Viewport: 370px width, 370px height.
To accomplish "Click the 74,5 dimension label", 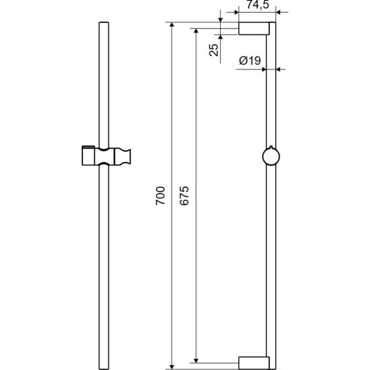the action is (x=258, y=5).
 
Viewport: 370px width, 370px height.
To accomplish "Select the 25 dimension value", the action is (x=214, y=50).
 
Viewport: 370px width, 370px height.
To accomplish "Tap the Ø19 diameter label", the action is (x=250, y=61).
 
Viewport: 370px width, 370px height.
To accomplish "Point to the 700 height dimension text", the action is (x=161, y=196).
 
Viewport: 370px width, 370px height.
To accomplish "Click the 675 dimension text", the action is (x=184, y=196).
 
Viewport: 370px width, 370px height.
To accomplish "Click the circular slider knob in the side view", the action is (x=271, y=156).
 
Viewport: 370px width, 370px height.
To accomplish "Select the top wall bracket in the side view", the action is (x=254, y=28).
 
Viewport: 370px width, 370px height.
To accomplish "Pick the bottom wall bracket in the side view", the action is (x=254, y=363).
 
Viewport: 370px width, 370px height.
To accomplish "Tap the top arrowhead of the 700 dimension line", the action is (x=172, y=25).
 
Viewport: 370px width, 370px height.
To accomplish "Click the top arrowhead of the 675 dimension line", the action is (x=196, y=31).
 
